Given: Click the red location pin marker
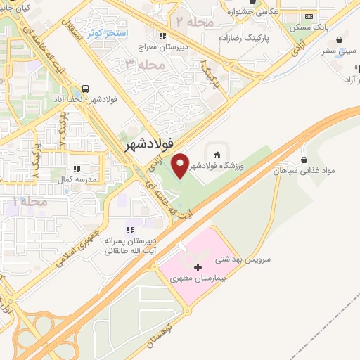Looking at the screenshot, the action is tap(181, 164).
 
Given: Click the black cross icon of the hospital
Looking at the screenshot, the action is tap(198, 267).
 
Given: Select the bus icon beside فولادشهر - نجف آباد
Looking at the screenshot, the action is tap(85, 89).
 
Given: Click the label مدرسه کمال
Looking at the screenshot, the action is tap(77, 179).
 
